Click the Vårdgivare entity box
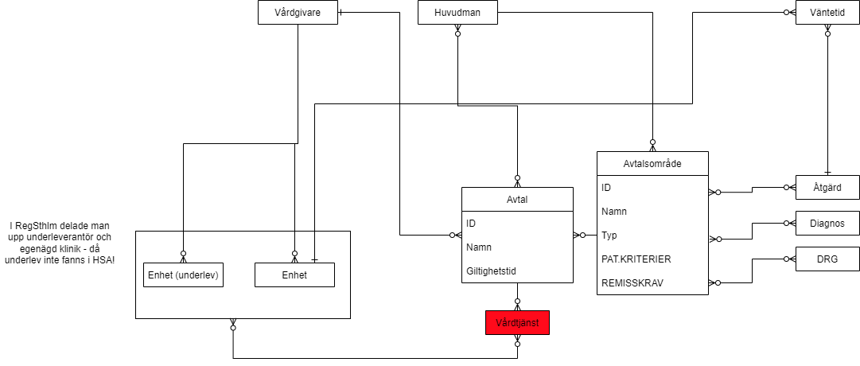coord(298,12)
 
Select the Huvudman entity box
coord(457,12)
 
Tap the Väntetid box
coord(827,12)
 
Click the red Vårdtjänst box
coord(517,322)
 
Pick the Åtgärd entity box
coord(827,187)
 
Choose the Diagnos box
coord(827,224)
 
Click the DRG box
coord(827,259)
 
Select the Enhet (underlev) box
coord(183,275)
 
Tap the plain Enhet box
coord(294,275)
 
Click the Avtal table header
coord(517,199)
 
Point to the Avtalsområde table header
coord(652,163)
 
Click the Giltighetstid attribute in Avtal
coord(491,271)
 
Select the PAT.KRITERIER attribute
coord(636,259)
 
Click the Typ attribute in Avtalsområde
coord(609,236)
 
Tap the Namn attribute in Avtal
coord(480,247)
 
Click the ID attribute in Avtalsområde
coord(607,188)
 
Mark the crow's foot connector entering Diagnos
coord(790,224)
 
